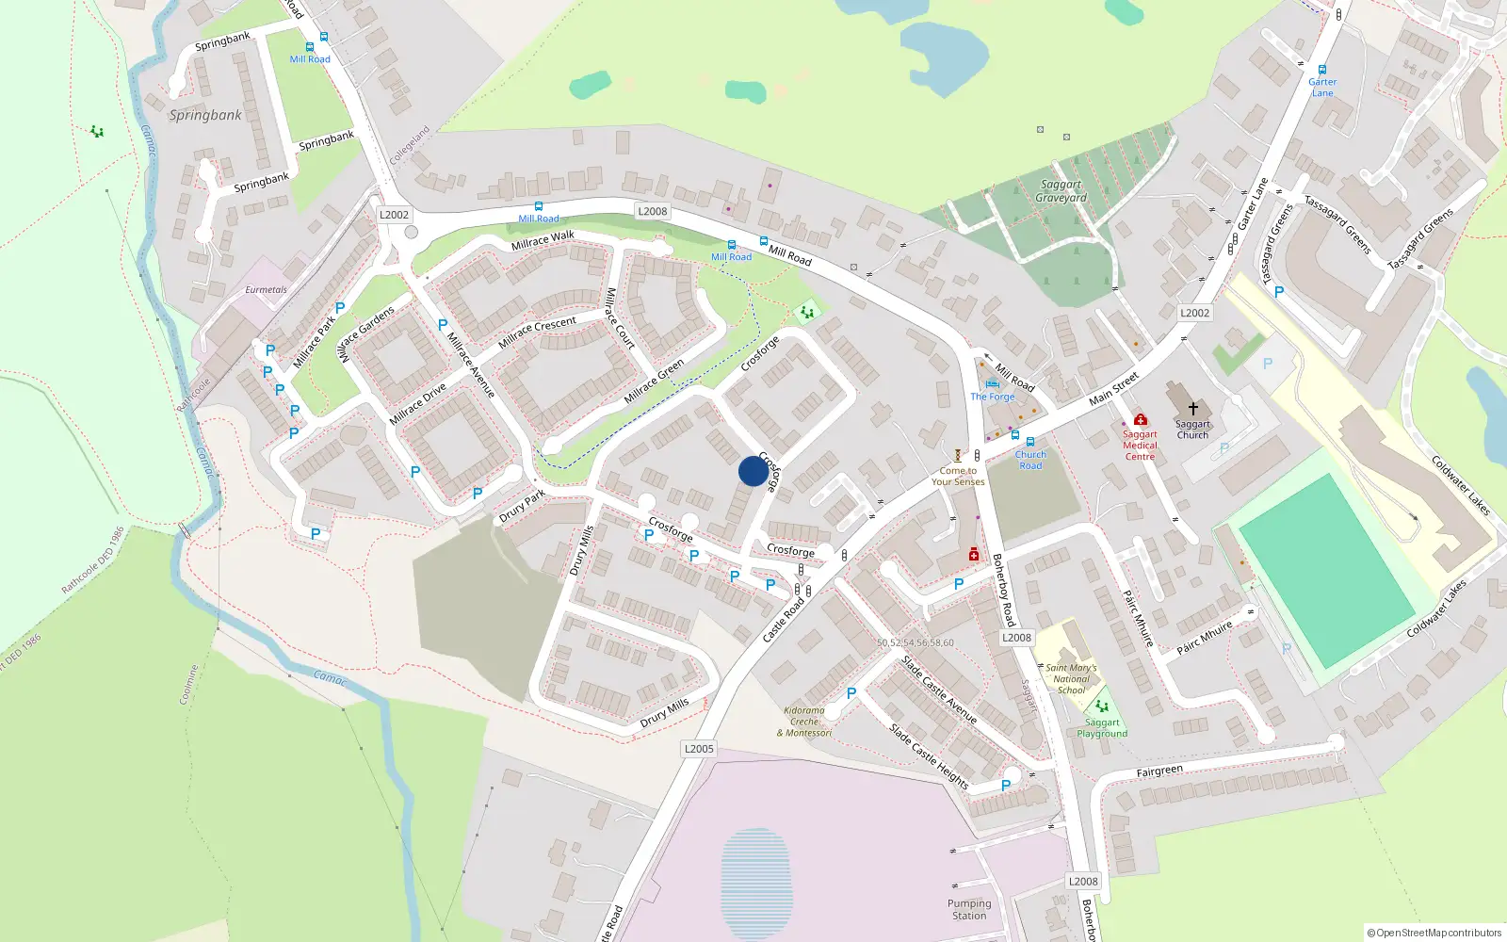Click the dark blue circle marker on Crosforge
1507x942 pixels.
(x=753, y=471)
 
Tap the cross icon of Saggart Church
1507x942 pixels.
(x=1192, y=409)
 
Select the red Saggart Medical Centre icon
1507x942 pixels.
(x=1141, y=419)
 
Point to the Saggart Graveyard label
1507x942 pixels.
(x=1061, y=191)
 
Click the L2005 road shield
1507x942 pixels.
(x=699, y=749)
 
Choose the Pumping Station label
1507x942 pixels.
(x=969, y=909)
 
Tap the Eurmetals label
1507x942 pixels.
(x=266, y=290)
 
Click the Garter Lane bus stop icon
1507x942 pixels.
(x=1322, y=70)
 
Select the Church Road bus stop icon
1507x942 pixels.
(x=1030, y=442)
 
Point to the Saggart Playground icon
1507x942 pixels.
(x=1102, y=706)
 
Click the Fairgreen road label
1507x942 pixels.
(x=1159, y=771)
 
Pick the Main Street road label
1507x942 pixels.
(x=1113, y=388)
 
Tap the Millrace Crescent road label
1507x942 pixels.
(x=537, y=332)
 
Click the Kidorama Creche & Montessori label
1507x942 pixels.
(x=804, y=722)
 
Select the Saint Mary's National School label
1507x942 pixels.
(x=1071, y=678)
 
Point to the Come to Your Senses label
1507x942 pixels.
(x=958, y=476)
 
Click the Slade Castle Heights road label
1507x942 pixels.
(x=929, y=755)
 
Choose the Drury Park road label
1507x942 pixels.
(x=522, y=506)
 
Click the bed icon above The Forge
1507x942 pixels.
(x=992, y=384)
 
